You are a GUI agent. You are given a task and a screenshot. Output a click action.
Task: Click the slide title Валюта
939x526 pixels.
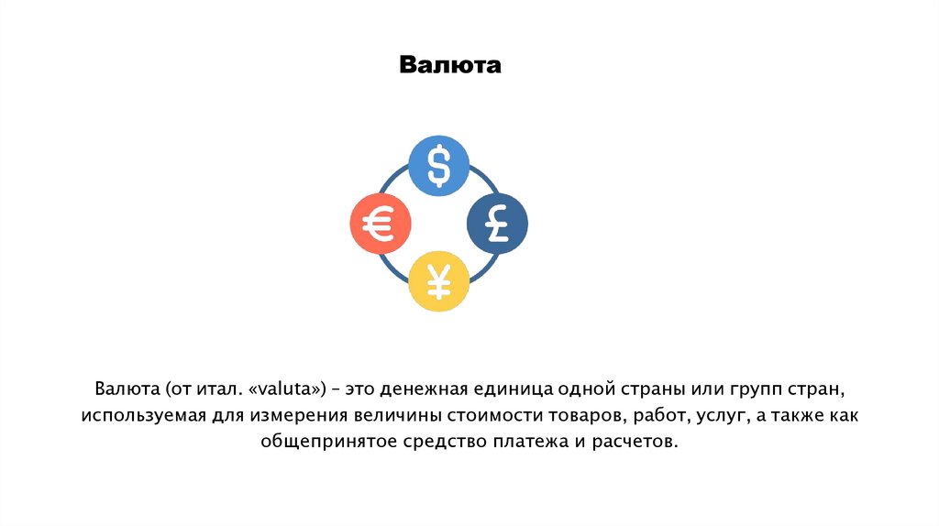coord(450,66)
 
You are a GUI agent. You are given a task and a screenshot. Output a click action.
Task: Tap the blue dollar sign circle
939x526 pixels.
coord(438,166)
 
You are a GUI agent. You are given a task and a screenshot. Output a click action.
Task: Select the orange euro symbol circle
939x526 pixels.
coord(381,223)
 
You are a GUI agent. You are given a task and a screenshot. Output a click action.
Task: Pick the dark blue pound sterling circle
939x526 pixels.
coord(497,223)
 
